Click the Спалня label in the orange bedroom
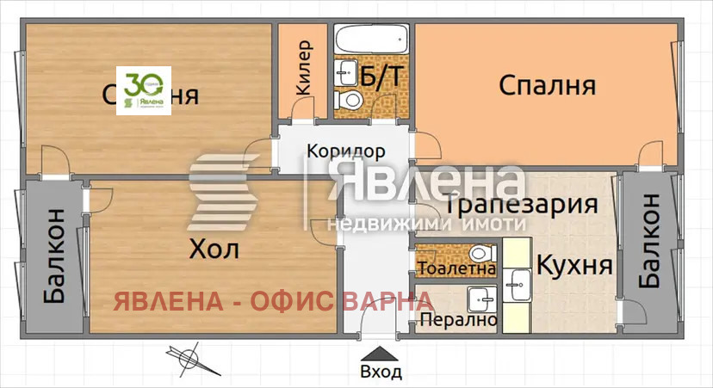click(547, 86)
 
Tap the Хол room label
click(214, 250)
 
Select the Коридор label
click(346, 151)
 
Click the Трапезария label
click(522, 205)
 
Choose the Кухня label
click(574, 265)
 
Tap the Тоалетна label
click(456, 268)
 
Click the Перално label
click(458, 320)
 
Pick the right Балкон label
click(649, 241)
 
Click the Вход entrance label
click(381, 372)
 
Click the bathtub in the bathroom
click(371, 39)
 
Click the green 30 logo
click(145, 90)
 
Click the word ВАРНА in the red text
click(387, 300)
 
